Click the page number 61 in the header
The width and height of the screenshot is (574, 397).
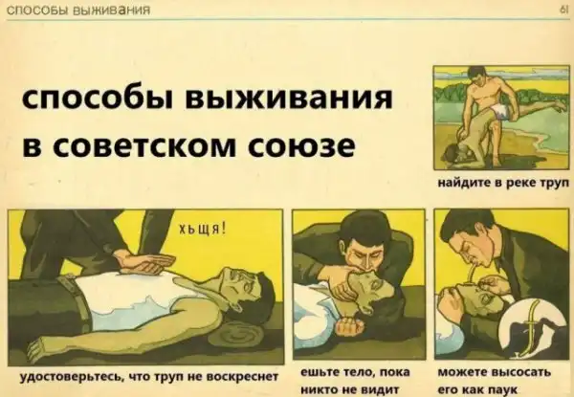(563, 11)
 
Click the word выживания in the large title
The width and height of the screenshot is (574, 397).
(289, 99)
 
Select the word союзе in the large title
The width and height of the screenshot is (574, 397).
(301, 145)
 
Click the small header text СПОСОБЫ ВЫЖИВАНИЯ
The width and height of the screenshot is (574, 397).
(78, 10)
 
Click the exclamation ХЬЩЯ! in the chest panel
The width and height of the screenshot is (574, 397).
(203, 231)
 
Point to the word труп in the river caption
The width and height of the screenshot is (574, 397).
(555, 184)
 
